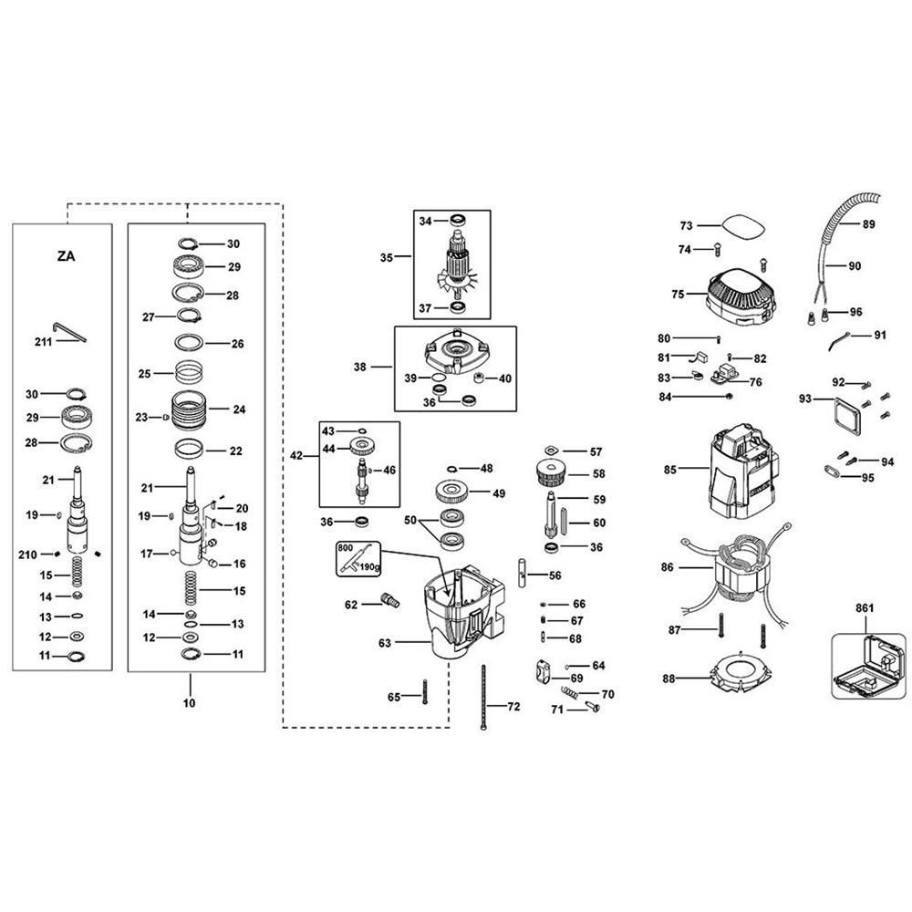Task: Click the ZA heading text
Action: [67, 256]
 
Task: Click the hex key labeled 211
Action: [69, 332]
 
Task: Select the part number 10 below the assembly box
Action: [189, 702]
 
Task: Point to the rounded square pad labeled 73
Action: [744, 226]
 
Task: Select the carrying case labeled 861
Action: [868, 667]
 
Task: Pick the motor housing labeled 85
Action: [744, 472]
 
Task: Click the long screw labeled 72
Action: [483, 697]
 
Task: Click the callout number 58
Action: [599, 474]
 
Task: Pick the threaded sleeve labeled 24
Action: [190, 410]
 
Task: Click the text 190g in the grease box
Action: [369, 565]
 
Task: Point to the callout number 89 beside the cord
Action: [868, 224]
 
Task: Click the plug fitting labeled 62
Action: [389, 600]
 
